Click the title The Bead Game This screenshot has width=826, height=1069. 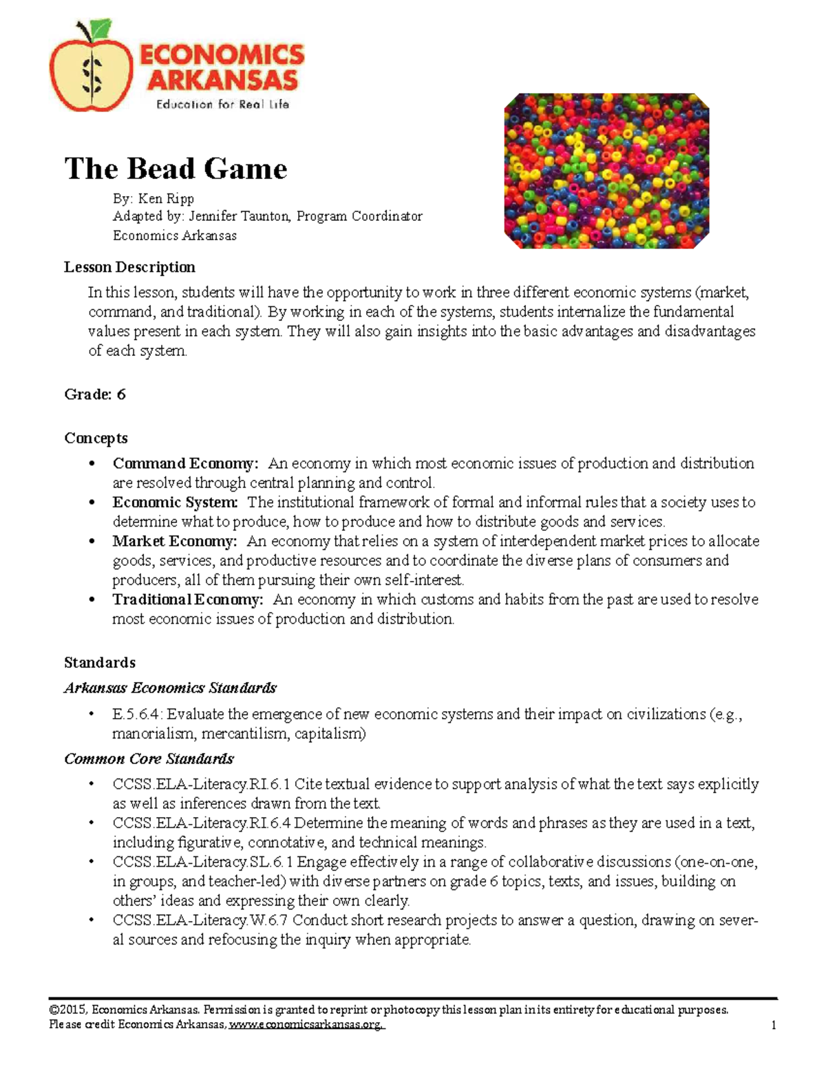click(x=176, y=169)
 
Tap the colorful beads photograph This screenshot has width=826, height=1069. click(x=606, y=171)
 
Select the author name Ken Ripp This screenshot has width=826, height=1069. click(x=166, y=199)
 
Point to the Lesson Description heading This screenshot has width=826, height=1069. click(x=129, y=267)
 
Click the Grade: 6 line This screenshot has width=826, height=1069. click(x=95, y=394)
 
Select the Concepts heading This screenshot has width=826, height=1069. click(x=96, y=438)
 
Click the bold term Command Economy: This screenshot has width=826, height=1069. click(x=185, y=463)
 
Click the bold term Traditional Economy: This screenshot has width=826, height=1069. click(x=187, y=600)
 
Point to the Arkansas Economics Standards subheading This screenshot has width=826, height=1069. click(x=170, y=688)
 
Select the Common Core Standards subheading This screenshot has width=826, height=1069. click(x=149, y=759)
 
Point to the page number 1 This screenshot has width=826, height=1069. click(x=774, y=1026)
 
